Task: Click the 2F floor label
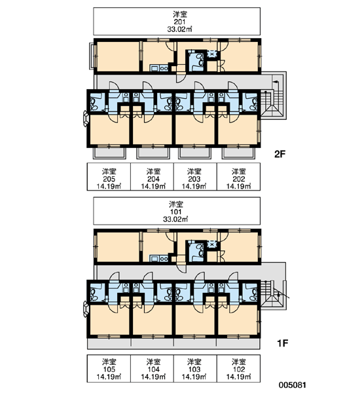click(x=280, y=154)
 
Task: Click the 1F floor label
click(x=282, y=343)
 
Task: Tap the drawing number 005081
click(x=293, y=384)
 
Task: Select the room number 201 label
click(x=179, y=22)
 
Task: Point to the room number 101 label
click(x=176, y=212)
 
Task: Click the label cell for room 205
click(x=109, y=177)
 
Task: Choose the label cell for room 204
click(x=152, y=177)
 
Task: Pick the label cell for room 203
click(x=195, y=177)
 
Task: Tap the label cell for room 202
click(x=238, y=177)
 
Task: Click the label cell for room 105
click(x=109, y=368)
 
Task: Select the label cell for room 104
click(x=152, y=368)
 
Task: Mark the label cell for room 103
click(x=195, y=368)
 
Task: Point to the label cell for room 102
click(x=238, y=368)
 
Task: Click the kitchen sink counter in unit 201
click(x=159, y=68)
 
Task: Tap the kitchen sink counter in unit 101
click(x=159, y=258)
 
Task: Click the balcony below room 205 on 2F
click(x=109, y=153)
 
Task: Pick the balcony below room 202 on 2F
click(x=238, y=153)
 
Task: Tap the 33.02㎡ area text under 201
click(x=179, y=29)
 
